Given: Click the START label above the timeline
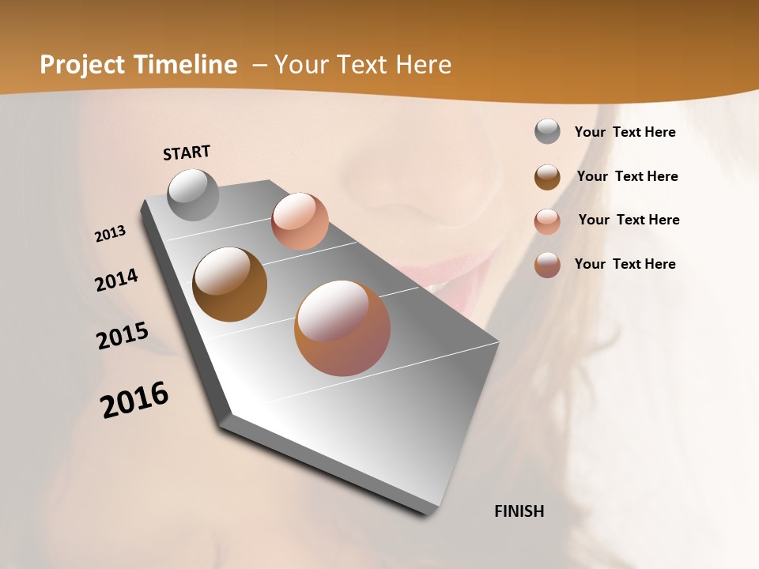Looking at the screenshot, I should click(187, 153).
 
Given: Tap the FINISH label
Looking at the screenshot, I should click(519, 511).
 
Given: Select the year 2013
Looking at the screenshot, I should click(111, 234).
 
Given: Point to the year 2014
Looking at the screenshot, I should click(116, 280).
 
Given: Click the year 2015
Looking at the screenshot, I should click(123, 336).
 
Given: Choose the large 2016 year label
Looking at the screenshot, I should click(134, 400).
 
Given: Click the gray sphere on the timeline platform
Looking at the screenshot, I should click(194, 194).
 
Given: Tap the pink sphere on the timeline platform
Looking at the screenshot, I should click(300, 221).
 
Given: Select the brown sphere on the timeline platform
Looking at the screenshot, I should click(229, 284).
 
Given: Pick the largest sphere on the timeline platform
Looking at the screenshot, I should click(342, 328).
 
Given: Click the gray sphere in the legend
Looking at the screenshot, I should click(547, 132).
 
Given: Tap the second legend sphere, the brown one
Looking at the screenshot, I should click(547, 177).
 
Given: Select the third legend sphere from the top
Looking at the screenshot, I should click(547, 221).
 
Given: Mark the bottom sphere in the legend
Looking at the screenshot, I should click(547, 265).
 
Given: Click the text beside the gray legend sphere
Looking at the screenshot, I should click(625, 132).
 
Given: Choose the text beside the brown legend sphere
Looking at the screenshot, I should click(627, 176).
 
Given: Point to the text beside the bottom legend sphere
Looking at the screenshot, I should click(625, 264).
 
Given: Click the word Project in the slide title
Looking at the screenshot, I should click(83, 65).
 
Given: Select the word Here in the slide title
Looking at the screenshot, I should click(424, 65).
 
